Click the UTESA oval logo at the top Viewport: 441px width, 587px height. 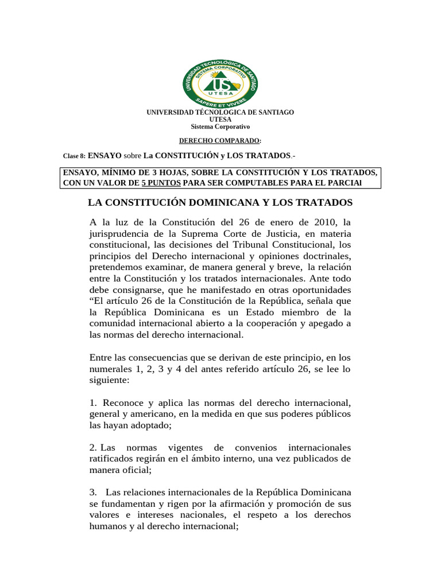(220, 81)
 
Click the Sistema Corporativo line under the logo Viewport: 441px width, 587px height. (220, 127)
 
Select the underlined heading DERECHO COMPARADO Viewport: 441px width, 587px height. (220, 141)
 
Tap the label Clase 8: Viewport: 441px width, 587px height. (73, 156)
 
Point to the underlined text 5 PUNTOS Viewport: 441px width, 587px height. (161, 183)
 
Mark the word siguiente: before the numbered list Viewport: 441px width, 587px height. (109, 380)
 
